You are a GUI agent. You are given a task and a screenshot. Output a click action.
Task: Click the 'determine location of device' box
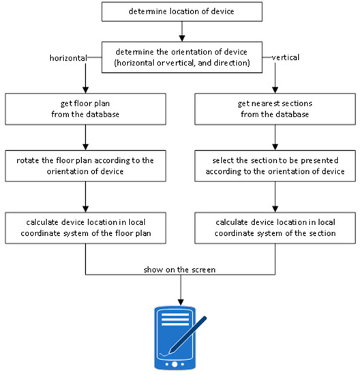[x=182, y=12]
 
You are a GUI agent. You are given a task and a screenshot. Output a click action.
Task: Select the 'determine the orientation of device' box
[x=182, y=57]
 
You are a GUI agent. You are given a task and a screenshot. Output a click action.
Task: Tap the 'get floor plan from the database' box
[x=85, y=109]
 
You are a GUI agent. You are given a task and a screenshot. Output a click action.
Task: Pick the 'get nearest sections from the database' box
[x=275, y=109]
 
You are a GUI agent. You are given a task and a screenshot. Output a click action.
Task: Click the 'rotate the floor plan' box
[x=85, y=166]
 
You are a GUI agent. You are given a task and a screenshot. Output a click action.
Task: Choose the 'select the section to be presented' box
[x=275, y=166]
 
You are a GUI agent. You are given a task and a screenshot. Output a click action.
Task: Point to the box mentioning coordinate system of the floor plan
[x=85, y=228]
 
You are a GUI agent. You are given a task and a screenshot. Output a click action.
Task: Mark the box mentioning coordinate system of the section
[x=275, y=228]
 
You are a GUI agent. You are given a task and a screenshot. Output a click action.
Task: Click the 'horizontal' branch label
[x=68, y=58]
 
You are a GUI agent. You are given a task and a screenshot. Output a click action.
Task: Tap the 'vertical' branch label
[x=286, y=57]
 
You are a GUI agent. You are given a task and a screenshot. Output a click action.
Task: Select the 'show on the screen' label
[x=179, y=270]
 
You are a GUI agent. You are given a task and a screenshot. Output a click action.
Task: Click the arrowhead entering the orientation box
[x=182, y=38]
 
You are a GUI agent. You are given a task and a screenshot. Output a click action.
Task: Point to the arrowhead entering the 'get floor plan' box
[x=85, y=90]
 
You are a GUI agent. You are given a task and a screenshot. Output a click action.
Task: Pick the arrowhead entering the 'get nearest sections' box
[x=275, y=90]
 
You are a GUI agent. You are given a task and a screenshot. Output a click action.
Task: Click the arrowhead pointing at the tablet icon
[x=181, y=302]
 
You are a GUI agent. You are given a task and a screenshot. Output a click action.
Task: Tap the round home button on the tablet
[x=175, y=364]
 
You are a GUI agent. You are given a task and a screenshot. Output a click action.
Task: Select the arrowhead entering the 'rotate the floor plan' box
[x=85, y=147]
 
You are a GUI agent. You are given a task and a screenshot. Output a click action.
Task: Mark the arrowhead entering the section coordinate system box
[x=275, y=209]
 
